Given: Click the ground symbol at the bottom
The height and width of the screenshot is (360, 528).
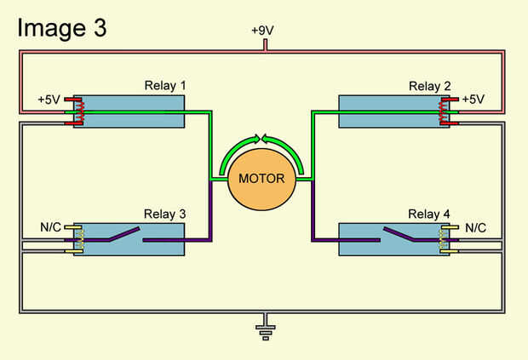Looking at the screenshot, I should tap(265, 329).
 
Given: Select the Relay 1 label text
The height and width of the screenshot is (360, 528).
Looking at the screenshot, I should tap(166, 86).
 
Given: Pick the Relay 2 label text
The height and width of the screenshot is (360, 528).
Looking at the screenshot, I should tap(426, 86).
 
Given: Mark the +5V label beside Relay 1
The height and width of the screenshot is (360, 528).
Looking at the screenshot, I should tap(50, 100).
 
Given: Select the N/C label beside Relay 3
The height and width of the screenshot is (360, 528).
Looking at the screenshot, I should tap(51, 228).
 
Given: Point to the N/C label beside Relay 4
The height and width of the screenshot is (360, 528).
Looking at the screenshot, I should tap(475, 228).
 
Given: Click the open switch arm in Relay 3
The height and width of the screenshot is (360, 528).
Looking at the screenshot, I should tap(119, 235).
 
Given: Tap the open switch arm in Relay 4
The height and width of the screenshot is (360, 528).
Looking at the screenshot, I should tap(405, 235).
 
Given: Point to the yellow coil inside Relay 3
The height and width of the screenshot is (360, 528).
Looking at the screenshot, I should tap(82, 239).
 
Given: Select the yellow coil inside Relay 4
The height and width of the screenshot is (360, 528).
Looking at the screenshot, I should tap(443, 239).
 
